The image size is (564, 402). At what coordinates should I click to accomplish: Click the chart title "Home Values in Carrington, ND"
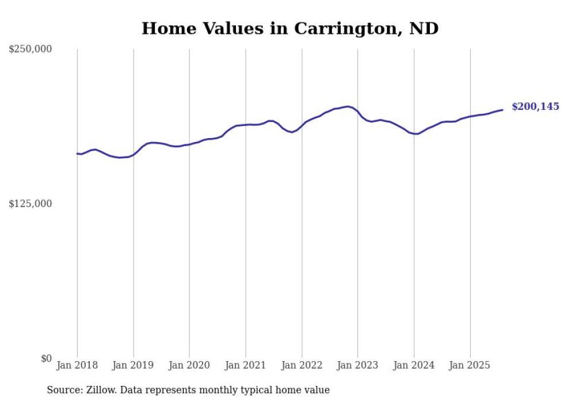pyautogui.click(x=290, y=28)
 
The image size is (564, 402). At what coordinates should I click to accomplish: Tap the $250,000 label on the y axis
pyautogui.click(x=30, y=49)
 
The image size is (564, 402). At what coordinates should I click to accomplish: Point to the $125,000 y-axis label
pyautogui.click(x=30, y=204)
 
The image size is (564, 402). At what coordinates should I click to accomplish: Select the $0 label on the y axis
pyautogui.click(x=46, y=358)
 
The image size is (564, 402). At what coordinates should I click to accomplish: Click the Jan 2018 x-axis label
pyautogui.click(x=77, y=365)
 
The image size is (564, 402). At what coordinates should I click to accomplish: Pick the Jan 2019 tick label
pyautogui.click(x=134, y=365)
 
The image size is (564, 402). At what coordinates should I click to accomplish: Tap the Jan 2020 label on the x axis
pyautogui.click(x=189, y=365)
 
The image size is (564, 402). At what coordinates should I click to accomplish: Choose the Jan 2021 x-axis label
pyautogui.click(x=246, y=365)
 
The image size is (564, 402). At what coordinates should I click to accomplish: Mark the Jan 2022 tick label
pyautogui.click(x=302, y=365)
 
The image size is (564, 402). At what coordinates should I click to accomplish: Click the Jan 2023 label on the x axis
pyautogui.click(x=358, y=365)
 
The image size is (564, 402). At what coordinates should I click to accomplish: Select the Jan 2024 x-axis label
pyautogui.click(x=414, y=365)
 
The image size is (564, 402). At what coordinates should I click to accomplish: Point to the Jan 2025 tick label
pyautogui.click(x=470, y=365)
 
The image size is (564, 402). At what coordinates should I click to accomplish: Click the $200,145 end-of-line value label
pyautogui.click(x=535, y=106)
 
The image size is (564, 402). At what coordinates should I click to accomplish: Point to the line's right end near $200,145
pyautogui.click(x=502, y=110)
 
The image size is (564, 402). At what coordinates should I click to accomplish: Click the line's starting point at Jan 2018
pyautogui.click(x=77, y=154)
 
